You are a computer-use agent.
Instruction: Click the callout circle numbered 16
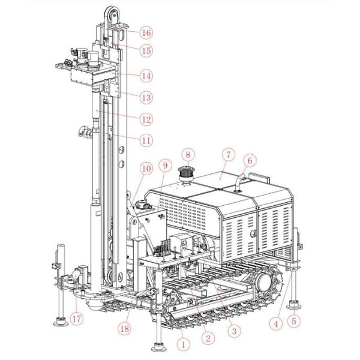click(x=146, y=33)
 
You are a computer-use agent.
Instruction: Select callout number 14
click(x=146, y=76)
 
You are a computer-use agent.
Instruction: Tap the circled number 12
click(x=146, y=119)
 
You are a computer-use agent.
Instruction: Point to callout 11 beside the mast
click(x=146, y=140)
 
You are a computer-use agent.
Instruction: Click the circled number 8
click(x=188, y=155)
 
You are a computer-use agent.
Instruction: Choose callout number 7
click(x=228, y=155)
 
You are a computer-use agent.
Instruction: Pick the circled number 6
click(x=250, y=160)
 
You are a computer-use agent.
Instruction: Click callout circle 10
click(x=146, y=169)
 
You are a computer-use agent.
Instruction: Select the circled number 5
click(x=294, y=321)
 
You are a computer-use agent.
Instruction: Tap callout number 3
click(x=234, y=331)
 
